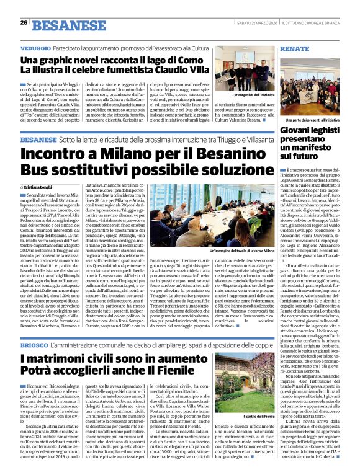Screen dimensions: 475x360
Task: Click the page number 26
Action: point(23,23)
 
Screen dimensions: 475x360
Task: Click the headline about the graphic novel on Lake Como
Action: point(115,64)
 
